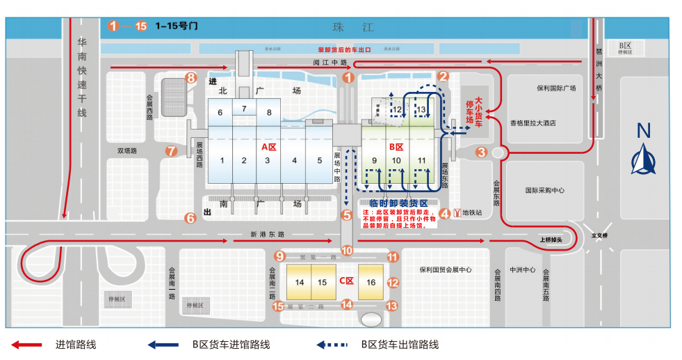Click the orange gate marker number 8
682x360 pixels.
click(x=191, y=78)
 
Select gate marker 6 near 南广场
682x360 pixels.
click(x=190, y=218)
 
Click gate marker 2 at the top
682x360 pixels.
click(x=444, y=78)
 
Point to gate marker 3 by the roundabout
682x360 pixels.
click(x=481, y=152)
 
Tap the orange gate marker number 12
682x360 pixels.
click(x=393, y=283)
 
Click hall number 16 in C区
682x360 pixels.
click(x=371, y=282)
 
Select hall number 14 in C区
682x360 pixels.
click(x=300, y=282)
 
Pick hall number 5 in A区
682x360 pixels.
click(x=319, y=161)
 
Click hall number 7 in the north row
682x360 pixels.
click(x=244, y=109)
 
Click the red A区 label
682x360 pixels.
click(x=268, y=147)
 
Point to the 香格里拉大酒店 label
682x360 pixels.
click(x=533, y=123)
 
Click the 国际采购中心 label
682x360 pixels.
click(x=544, y=189)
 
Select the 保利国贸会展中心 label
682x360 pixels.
click(x=446, y=270)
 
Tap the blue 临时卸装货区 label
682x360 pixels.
click(x=398, y=203)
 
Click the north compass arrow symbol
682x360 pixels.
click(x=643, y=157)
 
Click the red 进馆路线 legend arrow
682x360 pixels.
click(x=29, y=345)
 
